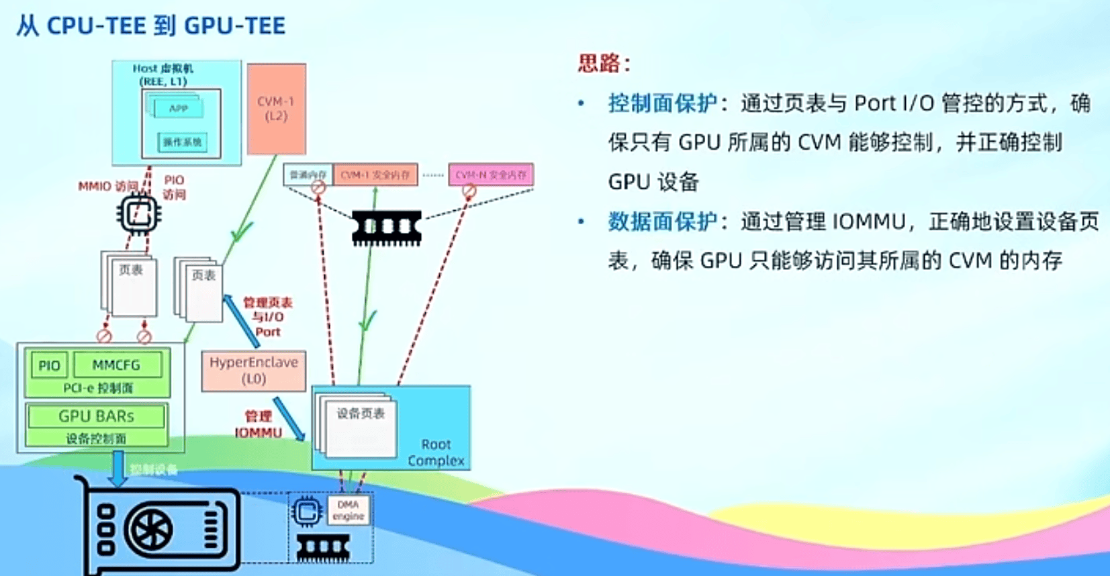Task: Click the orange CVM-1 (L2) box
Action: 276,109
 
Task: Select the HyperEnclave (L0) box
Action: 253,370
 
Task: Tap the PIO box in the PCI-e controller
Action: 49,365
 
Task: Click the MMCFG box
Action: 117,365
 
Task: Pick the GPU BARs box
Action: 96,416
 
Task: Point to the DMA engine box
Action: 348,510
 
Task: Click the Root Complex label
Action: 436,452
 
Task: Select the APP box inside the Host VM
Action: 178,108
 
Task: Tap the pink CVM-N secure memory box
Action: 491,175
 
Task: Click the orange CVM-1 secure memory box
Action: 375,175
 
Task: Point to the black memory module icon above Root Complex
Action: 387,227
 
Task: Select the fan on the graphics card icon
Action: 152,530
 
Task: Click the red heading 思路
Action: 602,64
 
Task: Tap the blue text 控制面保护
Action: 662,103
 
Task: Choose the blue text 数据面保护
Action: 662,222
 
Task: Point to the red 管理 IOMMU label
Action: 259,424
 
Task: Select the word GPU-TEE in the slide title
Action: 234,26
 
